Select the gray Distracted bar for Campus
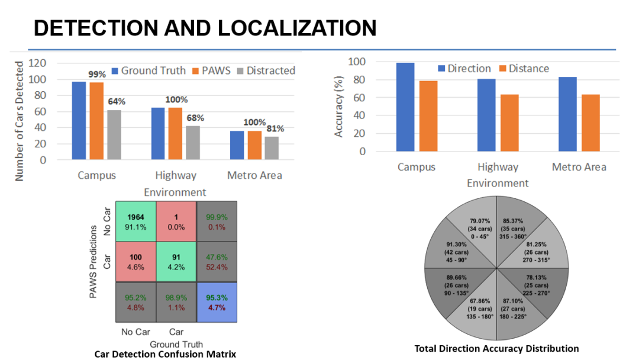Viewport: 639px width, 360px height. point(114,134)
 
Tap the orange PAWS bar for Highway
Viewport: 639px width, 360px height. point(175,133)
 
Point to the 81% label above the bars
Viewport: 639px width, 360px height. point(275,128)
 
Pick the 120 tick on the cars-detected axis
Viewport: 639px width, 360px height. point(38,63)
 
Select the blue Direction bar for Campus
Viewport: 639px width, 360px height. point(406,107)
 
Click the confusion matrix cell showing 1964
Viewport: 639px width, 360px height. point(135,221)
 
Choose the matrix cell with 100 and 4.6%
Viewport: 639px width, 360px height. point(135,262)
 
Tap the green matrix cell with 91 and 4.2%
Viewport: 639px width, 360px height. point(176,262)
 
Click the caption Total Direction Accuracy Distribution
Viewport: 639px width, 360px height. point(496,348)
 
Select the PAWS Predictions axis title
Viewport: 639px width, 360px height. point(93,261)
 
